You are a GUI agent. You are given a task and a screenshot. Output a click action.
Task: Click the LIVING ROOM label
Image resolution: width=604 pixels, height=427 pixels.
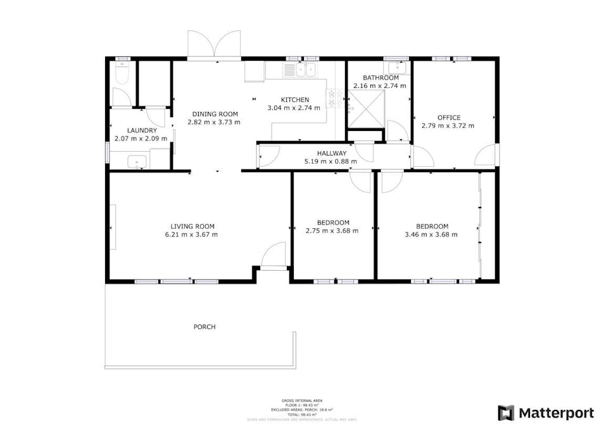(192, 226)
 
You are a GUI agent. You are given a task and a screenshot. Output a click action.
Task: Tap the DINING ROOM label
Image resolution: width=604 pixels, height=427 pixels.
(215, 114)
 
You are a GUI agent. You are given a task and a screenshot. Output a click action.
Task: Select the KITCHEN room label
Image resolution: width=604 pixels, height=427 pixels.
(295, 99)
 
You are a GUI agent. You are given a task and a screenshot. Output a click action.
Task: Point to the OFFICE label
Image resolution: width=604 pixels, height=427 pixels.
(449, 117)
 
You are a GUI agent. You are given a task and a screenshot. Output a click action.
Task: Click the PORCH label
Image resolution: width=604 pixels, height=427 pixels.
(204, 326)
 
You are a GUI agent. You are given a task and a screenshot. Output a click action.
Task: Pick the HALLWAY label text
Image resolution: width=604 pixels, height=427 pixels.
(332, 153)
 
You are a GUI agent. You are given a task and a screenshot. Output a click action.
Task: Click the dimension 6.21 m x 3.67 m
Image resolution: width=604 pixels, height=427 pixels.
(192, 234)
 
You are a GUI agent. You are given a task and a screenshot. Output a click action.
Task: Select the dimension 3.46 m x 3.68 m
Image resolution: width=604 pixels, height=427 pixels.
(432, 234)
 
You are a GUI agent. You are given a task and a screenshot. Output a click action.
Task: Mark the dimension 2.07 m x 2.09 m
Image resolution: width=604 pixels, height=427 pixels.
(141, 138)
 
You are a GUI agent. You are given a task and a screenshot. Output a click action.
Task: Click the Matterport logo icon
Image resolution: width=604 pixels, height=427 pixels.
(506, 413)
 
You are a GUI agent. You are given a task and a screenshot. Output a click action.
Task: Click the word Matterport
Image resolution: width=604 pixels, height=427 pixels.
(557, 413)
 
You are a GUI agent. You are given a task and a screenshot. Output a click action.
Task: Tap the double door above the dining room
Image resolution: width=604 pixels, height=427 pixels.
(215, 46)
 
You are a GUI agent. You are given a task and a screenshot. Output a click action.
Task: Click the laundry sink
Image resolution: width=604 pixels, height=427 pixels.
(137, 162)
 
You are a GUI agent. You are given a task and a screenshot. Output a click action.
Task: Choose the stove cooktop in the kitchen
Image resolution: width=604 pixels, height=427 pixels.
(332, 97)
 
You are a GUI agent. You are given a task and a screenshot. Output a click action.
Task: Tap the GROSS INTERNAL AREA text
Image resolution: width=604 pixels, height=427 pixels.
(302, 400)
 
